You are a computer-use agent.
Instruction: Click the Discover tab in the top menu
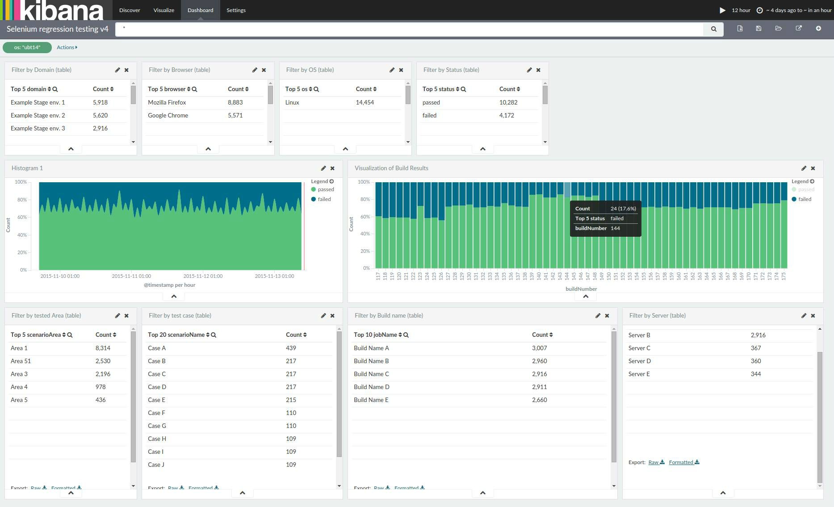(130, 10)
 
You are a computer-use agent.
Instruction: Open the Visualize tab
(163, 10)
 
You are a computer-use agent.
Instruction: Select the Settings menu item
(236, 10)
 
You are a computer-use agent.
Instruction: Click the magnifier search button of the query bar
(713, 29)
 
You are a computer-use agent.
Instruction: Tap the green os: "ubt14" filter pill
(27, 47)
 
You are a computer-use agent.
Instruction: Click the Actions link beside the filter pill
(67, 47)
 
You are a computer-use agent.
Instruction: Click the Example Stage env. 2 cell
(38, 115)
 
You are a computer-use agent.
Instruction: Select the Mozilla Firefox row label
(167, 102)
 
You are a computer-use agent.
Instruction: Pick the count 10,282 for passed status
(508, 102)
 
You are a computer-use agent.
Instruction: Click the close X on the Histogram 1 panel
(332, 168)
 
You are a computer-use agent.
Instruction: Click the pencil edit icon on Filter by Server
(804, 316)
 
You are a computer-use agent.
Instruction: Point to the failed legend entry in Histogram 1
(324, 199)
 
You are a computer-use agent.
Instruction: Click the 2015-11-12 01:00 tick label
(203, 276)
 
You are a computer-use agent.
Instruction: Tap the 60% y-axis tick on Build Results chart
(365, 217)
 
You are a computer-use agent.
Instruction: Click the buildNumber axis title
(581, 289)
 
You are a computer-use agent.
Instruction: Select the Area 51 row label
(21, 361)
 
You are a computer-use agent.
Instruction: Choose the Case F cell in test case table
(157, 413)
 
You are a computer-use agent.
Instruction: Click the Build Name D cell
(372, 387)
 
